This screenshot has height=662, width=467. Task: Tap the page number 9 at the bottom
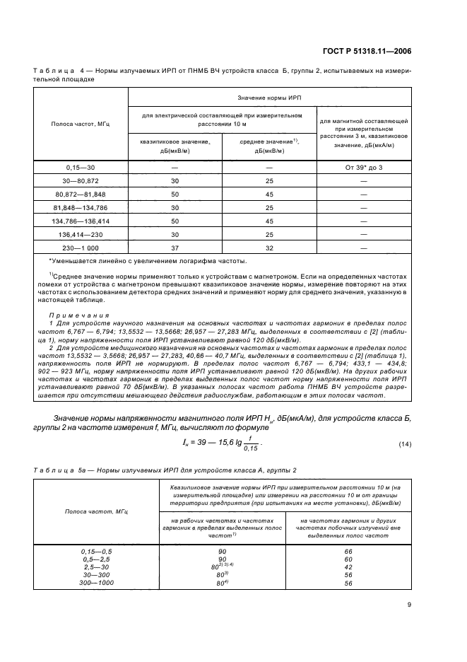coord(409,604)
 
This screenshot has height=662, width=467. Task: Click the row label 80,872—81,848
coord(80,194)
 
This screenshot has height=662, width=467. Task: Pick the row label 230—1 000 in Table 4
coord(80,248)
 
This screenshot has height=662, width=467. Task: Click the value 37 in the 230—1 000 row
coord(175,248)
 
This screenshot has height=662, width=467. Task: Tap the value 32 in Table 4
coord(269,248)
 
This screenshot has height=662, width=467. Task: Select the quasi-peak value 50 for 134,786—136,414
coord(175,221)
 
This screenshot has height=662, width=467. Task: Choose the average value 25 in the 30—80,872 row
coord(269,180)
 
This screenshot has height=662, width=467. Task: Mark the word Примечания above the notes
coord(69,315)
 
